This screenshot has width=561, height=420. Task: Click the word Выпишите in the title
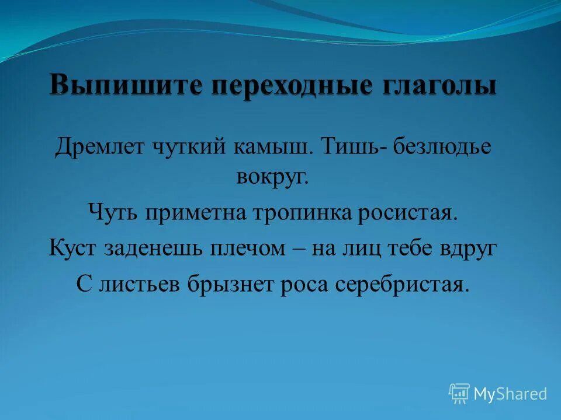[x=127, y=86]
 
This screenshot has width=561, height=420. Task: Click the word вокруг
[x=272, y=177]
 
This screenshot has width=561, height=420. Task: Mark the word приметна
[x=200, y=212]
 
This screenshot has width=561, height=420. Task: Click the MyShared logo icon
[x=459, y=394]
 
